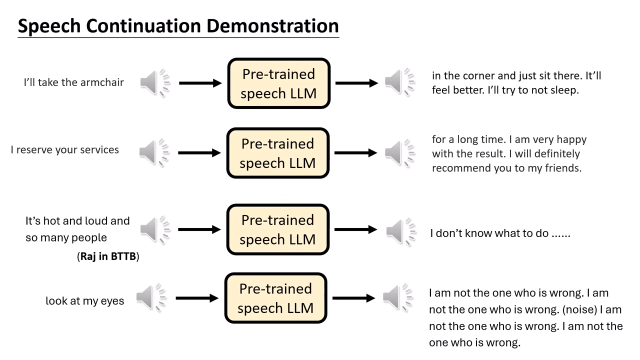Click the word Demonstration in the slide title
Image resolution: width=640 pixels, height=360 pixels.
click(x=272, y=26)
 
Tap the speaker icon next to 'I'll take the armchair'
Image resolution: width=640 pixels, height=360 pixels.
click(x=155, y=83)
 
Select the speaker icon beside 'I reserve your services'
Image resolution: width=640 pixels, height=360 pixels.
click(x=154, y=152)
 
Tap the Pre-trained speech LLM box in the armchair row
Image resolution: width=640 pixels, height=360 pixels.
click(x=278, y=83)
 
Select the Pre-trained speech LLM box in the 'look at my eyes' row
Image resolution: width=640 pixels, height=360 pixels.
click(x=275, y=298)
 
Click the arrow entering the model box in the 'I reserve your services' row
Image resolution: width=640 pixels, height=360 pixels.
click(x=199, y=153)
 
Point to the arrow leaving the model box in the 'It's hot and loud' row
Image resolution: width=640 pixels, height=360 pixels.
click(x=355, y=229)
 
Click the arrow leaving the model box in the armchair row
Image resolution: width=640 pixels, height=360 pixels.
click(x=356, y=83)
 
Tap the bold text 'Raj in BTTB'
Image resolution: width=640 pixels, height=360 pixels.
click(x=108, y=257)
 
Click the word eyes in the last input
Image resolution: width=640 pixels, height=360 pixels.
click(x=113, y=301)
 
